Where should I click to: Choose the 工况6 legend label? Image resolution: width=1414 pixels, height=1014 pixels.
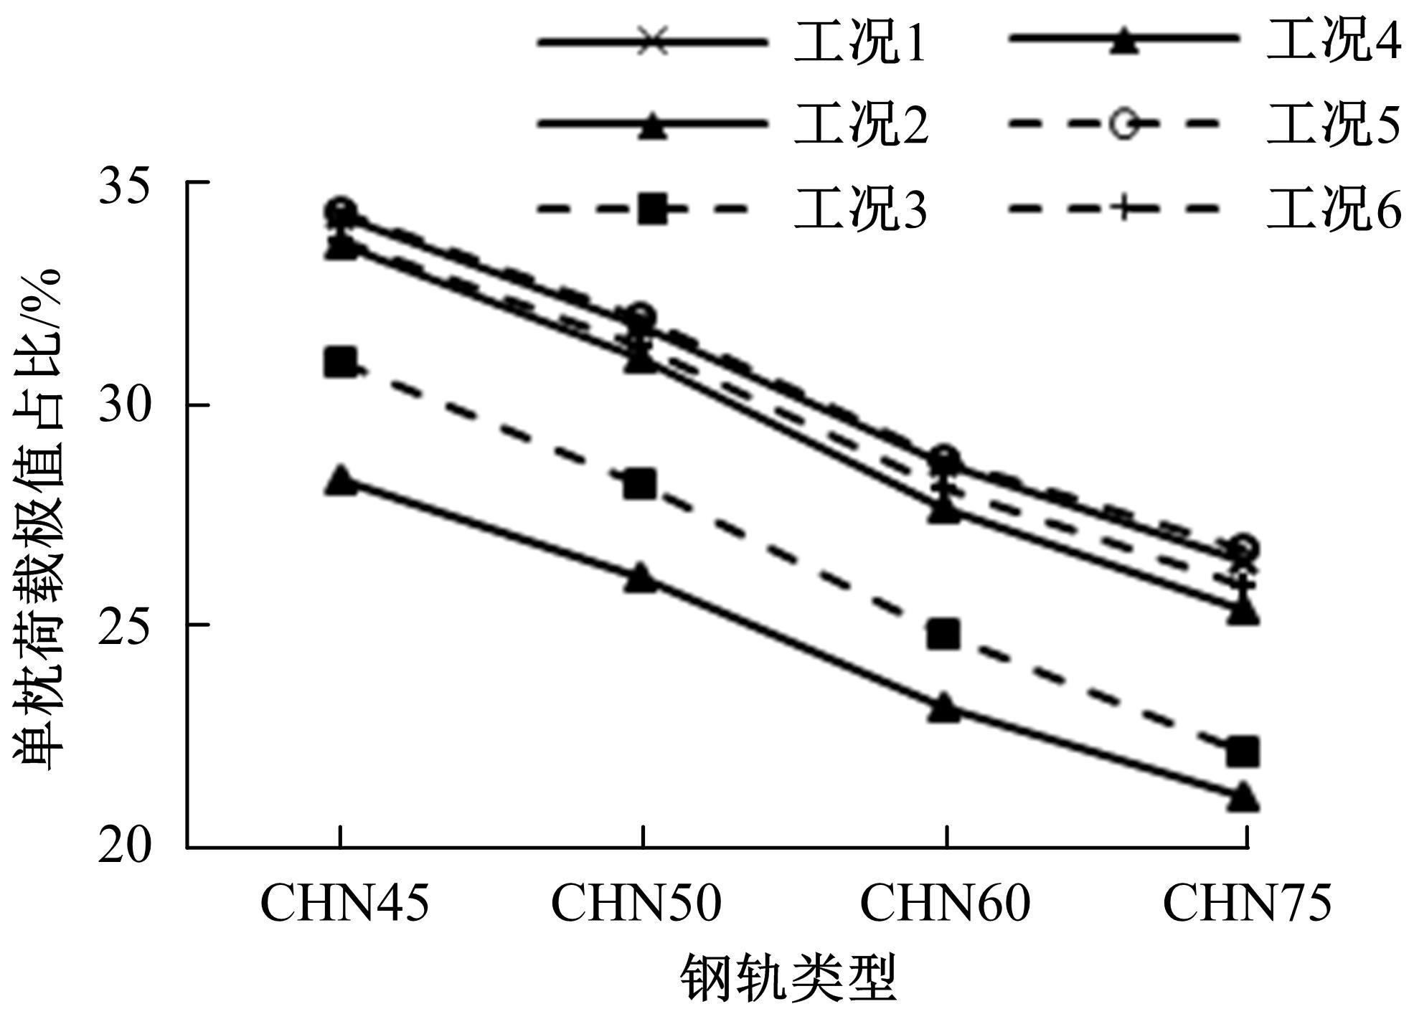click(x=1333, y=209)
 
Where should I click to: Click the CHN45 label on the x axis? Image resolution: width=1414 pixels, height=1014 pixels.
click(x=344, y=903)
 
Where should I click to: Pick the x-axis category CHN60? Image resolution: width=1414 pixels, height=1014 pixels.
click(x=945, y=903)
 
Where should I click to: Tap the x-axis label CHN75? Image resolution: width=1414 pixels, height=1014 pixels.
click(x=1247, y=903)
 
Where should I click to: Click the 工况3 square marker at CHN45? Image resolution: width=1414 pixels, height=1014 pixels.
click(x=340, y=363)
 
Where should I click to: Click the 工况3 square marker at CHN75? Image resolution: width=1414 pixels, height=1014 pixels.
click(x=1243, y=752)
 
